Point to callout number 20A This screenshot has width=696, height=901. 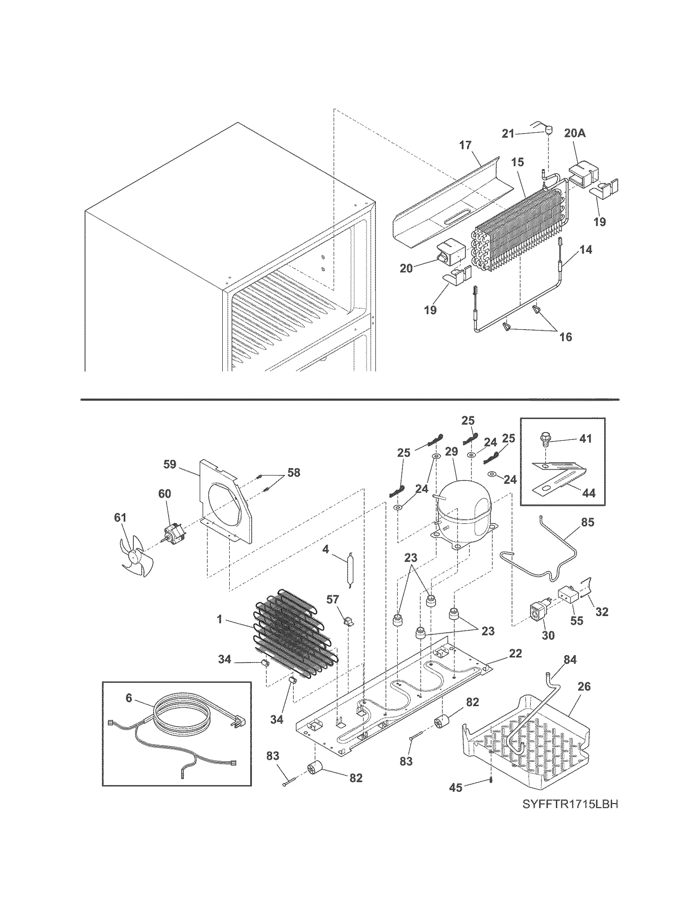tap(575, 133)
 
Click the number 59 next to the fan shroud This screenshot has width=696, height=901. tap(170, 464)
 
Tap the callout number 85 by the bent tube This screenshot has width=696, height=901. tap(587, 522)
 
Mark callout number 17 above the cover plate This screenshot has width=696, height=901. tap(465, 145)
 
